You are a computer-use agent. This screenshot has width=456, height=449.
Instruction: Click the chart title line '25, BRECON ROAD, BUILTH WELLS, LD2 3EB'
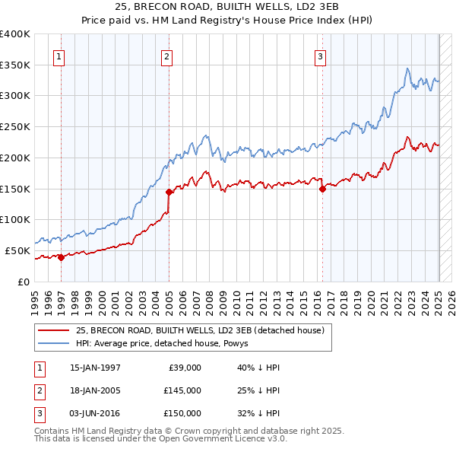pos(228,7)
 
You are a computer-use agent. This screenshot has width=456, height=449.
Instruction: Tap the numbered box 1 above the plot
pos(59,56)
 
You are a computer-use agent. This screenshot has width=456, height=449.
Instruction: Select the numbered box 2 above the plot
pos(166,56)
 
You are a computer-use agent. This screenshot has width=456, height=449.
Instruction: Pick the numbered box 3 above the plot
pos(321,56)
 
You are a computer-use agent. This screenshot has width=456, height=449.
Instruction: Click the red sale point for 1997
pos(61,257)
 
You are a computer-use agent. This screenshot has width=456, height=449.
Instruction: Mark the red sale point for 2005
pos(169,192)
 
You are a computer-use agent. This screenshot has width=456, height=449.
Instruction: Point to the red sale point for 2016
pos(322,189)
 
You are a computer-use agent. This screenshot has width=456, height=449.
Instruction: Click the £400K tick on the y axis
pos(15,34)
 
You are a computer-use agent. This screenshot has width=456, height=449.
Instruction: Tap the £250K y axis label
pos(15,127)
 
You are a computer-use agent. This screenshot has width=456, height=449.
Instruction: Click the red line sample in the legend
pos(53,330)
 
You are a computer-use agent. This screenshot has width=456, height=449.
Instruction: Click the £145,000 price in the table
pos(182,390)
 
